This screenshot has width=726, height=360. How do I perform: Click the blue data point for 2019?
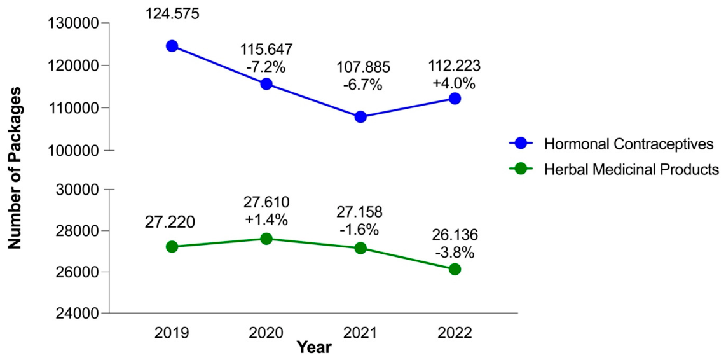coord(172,46)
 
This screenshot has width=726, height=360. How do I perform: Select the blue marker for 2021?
coord(360,117)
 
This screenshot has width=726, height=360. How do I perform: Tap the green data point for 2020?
coord(266,239)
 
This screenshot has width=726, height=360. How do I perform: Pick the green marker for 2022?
coord(455,269)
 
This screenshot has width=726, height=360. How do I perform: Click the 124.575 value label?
coord(172,13)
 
